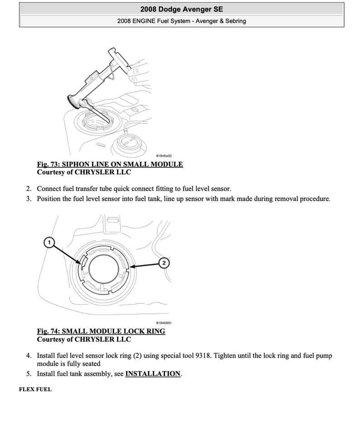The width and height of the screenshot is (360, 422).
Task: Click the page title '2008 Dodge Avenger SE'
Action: coord(181,9)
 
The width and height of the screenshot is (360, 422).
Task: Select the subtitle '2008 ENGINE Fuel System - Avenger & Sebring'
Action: coord(181,21)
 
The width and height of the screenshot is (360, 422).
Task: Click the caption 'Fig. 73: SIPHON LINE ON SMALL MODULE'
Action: coord(110,164)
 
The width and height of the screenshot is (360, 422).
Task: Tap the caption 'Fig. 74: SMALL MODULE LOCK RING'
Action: coord(101,331)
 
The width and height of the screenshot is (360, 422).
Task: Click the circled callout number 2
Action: coord(164,263)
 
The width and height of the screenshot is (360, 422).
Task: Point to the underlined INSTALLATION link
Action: coord(153,374)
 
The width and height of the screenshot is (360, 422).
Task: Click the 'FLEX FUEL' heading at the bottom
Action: coord(35,389)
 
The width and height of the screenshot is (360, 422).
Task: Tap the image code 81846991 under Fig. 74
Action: coord(163,323)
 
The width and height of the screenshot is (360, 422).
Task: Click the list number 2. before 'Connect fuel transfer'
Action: coord(29,189)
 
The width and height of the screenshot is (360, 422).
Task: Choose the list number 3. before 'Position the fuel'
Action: coord(29,199)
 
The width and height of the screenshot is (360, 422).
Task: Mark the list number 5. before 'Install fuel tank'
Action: coord(29,374)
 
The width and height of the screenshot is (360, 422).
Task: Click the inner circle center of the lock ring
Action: coord(105,268)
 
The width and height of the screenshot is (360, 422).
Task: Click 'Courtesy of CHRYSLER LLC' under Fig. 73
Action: coord(84,172)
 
